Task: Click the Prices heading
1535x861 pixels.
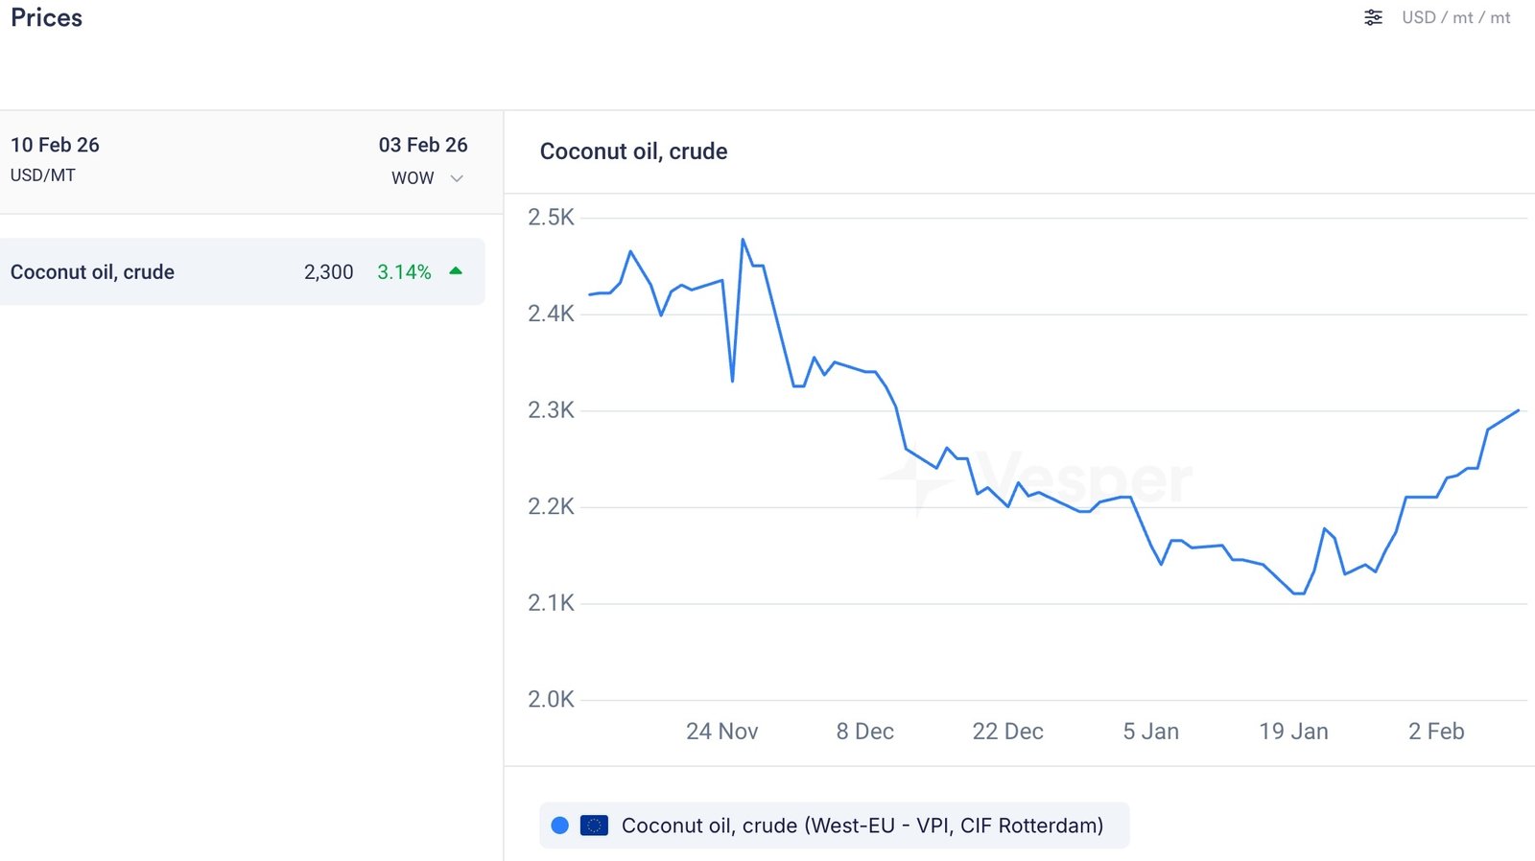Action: pos(46,18)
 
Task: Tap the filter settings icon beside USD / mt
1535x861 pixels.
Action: pos(1373,17)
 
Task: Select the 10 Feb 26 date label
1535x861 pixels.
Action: pos(55,145)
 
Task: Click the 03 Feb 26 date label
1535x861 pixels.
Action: pos(423,145)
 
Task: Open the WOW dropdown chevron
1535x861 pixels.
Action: pos(457,178)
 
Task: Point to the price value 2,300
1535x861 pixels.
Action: pos(328,272)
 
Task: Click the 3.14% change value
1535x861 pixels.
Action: pos(404,272)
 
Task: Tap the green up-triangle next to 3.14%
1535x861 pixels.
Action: pos(456,271)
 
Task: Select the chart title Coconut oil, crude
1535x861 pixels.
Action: pos(633,151)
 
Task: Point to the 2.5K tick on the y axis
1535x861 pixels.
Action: pos(551,218)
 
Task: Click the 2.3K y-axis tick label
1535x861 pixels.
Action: pos(551,410)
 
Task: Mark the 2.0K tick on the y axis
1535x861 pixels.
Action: pos(551,700)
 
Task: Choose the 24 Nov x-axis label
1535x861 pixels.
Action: pos(721,732)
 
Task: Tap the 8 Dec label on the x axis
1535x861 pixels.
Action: pos(864,732)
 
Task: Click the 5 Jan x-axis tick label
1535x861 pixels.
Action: pos(1150,732)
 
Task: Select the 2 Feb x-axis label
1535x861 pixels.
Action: pos(1435,732)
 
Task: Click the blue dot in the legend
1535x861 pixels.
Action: pos(560,826)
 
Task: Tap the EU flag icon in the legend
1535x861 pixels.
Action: pos(594,826)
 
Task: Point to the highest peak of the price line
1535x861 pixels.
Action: pos(743,240)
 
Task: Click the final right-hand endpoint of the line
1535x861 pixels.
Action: pos(1519,410)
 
